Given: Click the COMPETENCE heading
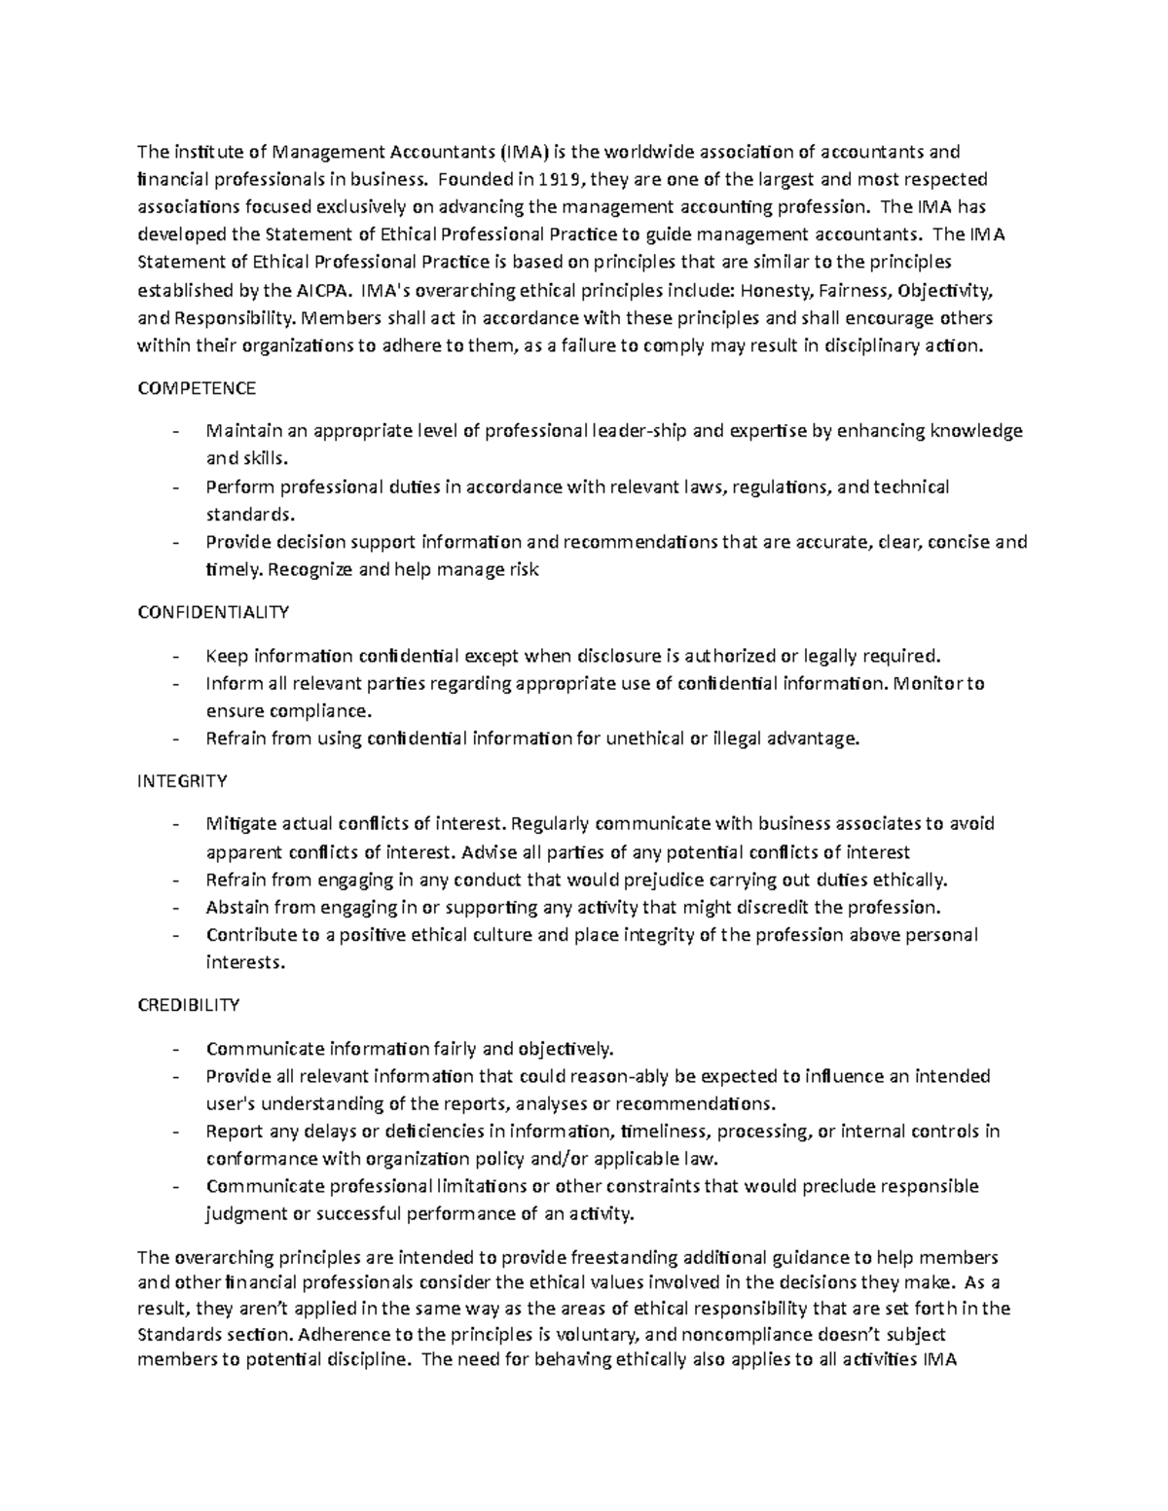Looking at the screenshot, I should pos(197,388).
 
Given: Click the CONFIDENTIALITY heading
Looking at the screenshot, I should pos(213,612).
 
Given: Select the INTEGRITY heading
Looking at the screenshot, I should pos(182,780).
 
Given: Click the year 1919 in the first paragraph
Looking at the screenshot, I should pos(557,179).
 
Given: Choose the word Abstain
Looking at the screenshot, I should pos(237,908).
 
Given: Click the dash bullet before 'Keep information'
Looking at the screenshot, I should pos(175,656).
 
